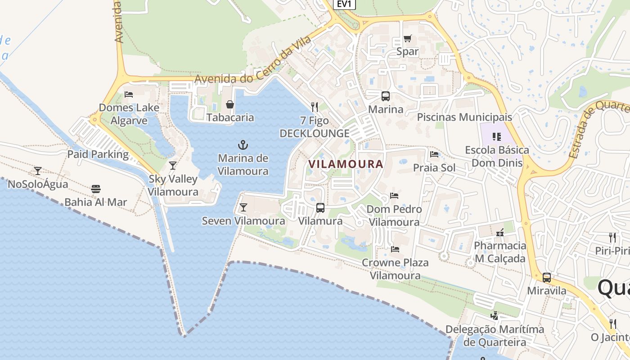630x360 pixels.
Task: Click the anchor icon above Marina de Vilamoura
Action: [x=243, y=145]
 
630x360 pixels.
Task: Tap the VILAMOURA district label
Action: [x=346, y=164]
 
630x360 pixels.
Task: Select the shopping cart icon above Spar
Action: [x=407, y=39]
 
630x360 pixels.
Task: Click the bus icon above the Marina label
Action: [x=386, y=96]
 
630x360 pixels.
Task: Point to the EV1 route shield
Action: [x=345, y=4]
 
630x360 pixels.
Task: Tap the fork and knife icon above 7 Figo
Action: [x=315, y=107]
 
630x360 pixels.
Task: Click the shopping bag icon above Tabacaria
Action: [x=230, y=104]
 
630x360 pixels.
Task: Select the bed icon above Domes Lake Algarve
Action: [x=129, y=94]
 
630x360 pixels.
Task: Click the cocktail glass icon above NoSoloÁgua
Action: [x=38, y=171]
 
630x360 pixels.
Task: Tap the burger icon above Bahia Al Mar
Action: [x=96, y=189]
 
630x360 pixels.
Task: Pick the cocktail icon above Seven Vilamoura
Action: [x=243, y=207]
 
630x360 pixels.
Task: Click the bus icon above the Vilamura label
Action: [x=320, y=208]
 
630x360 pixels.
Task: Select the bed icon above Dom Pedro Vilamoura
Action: [x=394, y=196]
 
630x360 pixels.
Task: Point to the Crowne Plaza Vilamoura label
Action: [x=395, y=269]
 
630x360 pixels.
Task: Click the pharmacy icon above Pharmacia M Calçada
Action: [x=500, y=233]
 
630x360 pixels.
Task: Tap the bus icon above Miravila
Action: [x=547, y=278]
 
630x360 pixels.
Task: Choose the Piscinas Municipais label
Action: [x=464, y=117]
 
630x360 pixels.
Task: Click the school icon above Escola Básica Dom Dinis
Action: [x=497, y=136]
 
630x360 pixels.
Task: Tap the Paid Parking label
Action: [x=98, y=154]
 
